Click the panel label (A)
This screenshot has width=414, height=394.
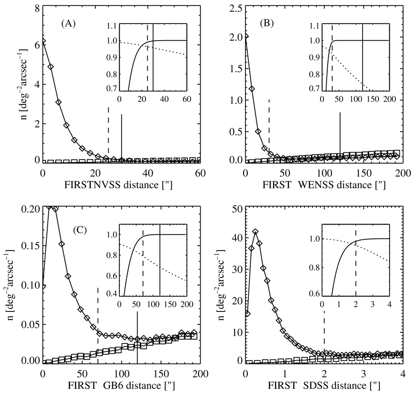click(76, 23)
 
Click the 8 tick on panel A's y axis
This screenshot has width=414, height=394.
click(36, 8)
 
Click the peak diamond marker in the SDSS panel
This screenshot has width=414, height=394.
click(255, 232)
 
